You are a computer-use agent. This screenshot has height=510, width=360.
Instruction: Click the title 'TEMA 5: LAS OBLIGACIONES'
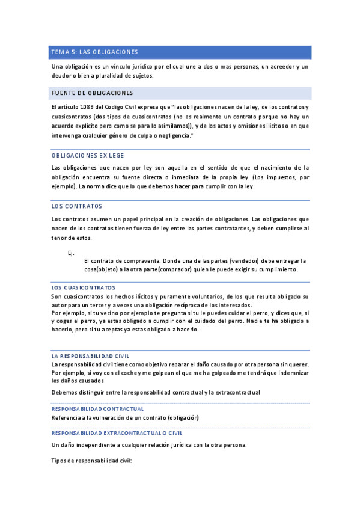[x=95, y=52]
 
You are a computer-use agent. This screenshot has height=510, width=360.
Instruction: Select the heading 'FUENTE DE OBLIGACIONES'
[x=93, y=93]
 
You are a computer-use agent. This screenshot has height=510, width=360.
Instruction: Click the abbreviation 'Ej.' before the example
[x=71, y=253]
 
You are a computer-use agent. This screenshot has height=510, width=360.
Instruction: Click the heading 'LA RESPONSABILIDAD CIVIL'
[x=91, y=356]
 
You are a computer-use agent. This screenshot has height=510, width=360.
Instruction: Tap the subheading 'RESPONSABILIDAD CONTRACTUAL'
[x=97, y=409]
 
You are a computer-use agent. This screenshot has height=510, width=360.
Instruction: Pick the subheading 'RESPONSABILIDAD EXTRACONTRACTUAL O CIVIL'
[x=117, y=433]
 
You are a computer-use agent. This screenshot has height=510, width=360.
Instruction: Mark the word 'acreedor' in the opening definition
[x=277, y=66]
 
